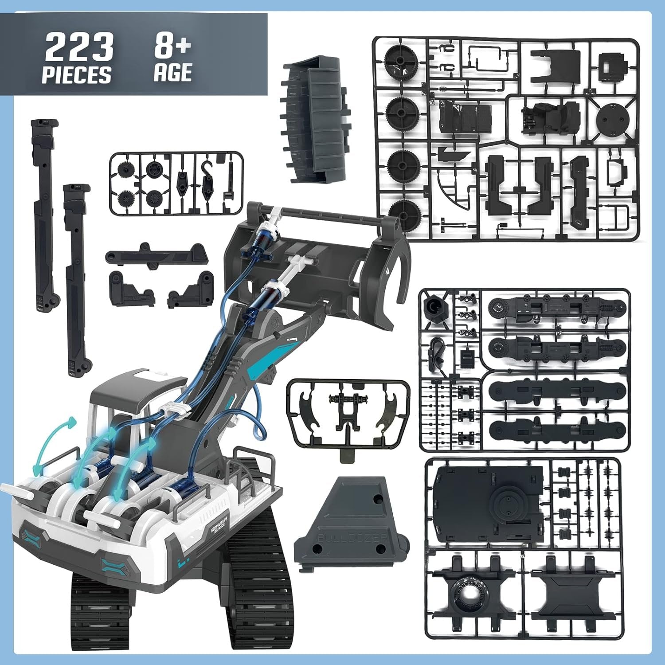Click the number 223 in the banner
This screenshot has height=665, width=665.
pyautogui.click(x=79, y=48)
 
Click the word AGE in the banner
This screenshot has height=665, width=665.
pyautogui.click(x=173, y=73)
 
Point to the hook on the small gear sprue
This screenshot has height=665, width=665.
pyautogui.click(x=207, y=181)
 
